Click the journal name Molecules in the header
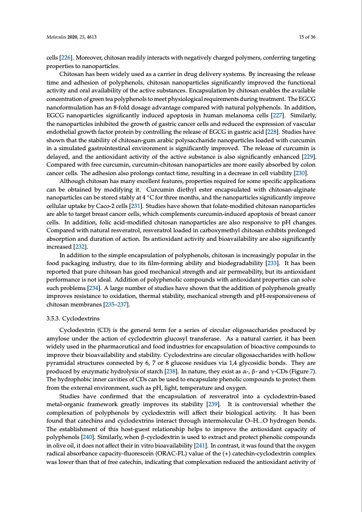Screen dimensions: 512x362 click(57, 37)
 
